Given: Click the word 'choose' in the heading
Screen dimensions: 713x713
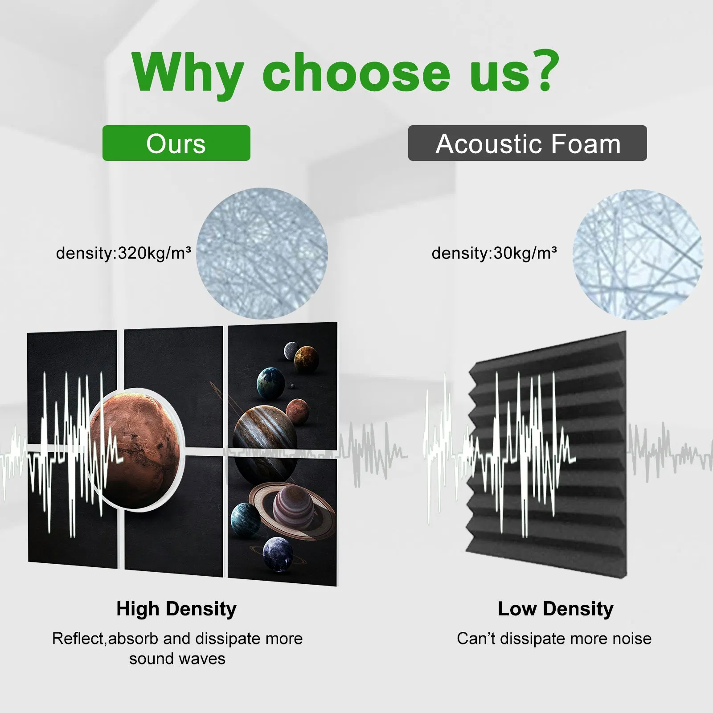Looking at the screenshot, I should click(356, 71).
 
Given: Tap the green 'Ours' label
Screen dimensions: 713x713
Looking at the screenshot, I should click(176, 143).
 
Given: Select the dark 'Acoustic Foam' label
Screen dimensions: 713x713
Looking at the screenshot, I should click(528, 143).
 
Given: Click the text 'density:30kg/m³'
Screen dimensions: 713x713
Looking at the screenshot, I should click(494, 254).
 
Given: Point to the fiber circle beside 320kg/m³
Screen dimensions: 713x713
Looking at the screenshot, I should click(262, 253).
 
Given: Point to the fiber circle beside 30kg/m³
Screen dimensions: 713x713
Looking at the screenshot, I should click(638, 254).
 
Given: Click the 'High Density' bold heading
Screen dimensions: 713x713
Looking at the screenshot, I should click(176, 609).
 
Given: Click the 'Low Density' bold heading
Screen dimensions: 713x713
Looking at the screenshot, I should click(555, 609).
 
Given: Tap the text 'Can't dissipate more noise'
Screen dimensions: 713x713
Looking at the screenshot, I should click(554, 639).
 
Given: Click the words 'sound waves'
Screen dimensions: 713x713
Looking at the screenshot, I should click(177, 659).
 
